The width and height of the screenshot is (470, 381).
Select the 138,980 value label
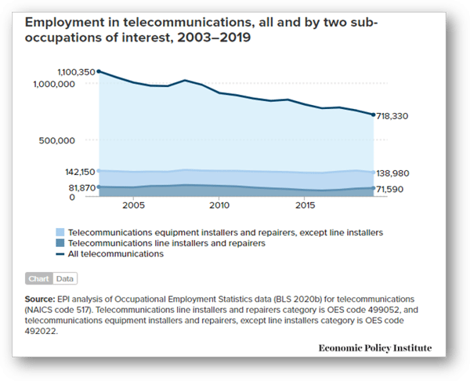(404, 172)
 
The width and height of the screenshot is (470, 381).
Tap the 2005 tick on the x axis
(132, 205)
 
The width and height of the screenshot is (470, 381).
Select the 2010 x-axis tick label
(219, 205)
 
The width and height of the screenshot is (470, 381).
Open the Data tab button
(65, 278)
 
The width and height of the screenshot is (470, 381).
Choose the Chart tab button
(39, 278)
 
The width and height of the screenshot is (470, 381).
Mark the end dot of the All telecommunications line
(374, 115)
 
